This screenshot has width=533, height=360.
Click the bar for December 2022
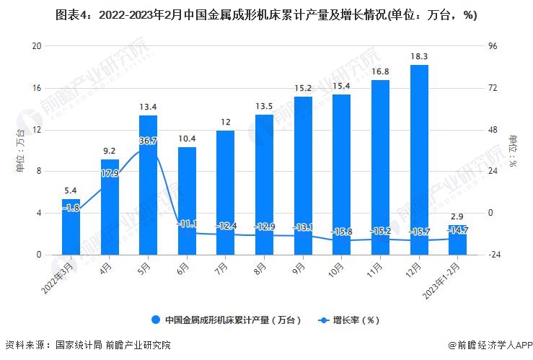[419, 159]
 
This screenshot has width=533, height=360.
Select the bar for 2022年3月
[71, 227]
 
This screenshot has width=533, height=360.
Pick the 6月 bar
[187, 201]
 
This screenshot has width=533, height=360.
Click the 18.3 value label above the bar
[419, 56]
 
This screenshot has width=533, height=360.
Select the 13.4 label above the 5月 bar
[148, 107]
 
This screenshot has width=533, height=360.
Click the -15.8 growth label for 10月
[341, 232]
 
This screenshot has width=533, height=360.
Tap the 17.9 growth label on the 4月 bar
[110, 173]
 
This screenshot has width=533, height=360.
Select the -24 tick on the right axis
[494, 255]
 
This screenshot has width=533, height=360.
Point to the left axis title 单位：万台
[20, 150]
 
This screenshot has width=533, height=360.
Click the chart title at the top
[266, 15]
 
